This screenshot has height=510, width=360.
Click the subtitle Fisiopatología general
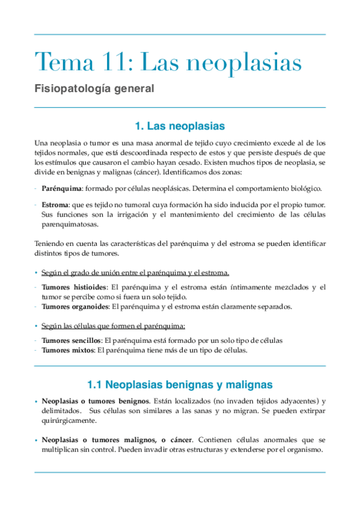94,88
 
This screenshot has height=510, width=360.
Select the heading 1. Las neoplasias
180,126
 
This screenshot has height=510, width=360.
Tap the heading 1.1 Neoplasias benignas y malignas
180,384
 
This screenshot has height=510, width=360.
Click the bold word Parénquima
61,188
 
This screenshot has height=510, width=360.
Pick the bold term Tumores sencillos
70,340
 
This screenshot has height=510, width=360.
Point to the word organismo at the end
303,450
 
